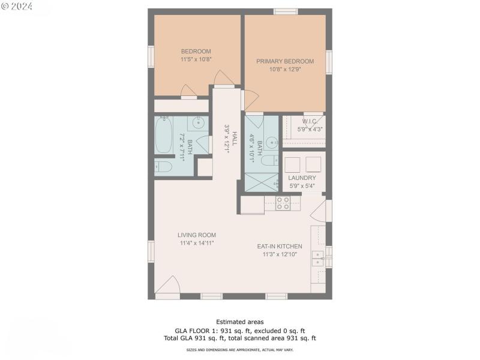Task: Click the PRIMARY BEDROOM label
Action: click(x=285, y=61)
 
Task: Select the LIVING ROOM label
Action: click(x=196, y=235)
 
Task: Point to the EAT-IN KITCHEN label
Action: click(x=280, y=246)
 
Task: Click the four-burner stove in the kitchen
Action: click(x=283, y=204)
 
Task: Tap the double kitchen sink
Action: click(x=317, y=259)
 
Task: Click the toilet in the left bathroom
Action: click(x=163, y=167)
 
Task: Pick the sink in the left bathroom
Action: click(x=197, y=124)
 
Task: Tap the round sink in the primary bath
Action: click(x=272, y=143)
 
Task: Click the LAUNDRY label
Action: click(x=302, y=178)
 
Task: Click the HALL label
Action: click(x=235, y=139)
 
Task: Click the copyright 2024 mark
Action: click(x=17, y=7)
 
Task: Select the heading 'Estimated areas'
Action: click(x=239, y=322)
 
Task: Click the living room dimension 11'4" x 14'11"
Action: click(x=196, y=243)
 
